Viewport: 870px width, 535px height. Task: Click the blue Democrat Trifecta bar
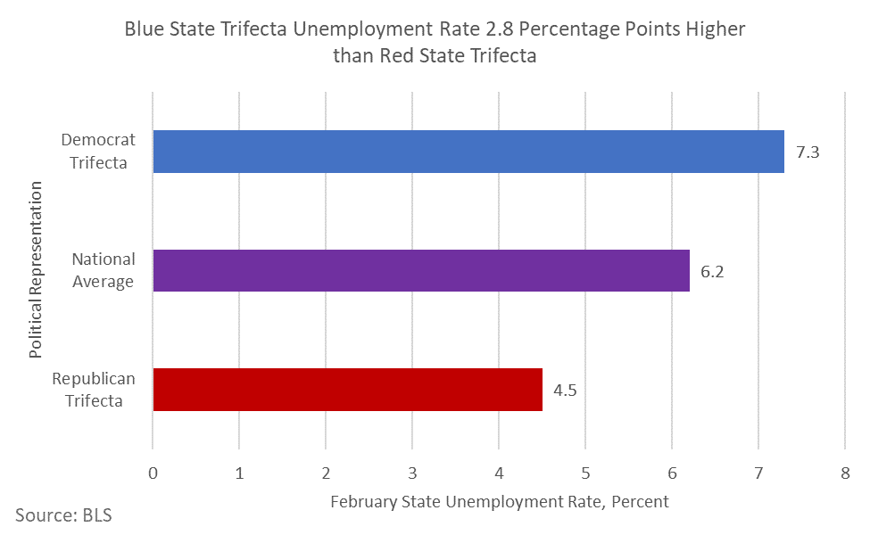tap(468, 152)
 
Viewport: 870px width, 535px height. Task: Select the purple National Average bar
tap(421, 270)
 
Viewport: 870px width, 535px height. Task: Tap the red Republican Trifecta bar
tap(348, 390)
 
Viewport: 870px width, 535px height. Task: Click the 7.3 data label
tap(808, 152)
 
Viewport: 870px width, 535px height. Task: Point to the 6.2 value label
tap(712, 271)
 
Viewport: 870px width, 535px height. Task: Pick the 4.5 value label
tap(565, 391)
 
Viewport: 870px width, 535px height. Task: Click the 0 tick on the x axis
tap(153, 472)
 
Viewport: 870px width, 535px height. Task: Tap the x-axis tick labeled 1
tap(239, 472)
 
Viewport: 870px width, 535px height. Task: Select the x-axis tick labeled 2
tap(326, 472)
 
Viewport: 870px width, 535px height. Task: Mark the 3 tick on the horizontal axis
tap(412, 472)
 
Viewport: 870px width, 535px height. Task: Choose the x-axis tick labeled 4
tap(499, 472)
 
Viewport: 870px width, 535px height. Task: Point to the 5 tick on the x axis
tap(585, 472)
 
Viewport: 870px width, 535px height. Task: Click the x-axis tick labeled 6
tap(672, 472)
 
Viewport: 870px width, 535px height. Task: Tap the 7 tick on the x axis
tap(758, 472)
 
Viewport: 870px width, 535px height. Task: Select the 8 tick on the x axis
tap(844, 472)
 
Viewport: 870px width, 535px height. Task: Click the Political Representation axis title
tap(36, 269)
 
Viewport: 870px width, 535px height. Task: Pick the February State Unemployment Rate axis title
tap(499, 502)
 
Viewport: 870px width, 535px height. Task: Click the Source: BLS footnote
tap(63, 514)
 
